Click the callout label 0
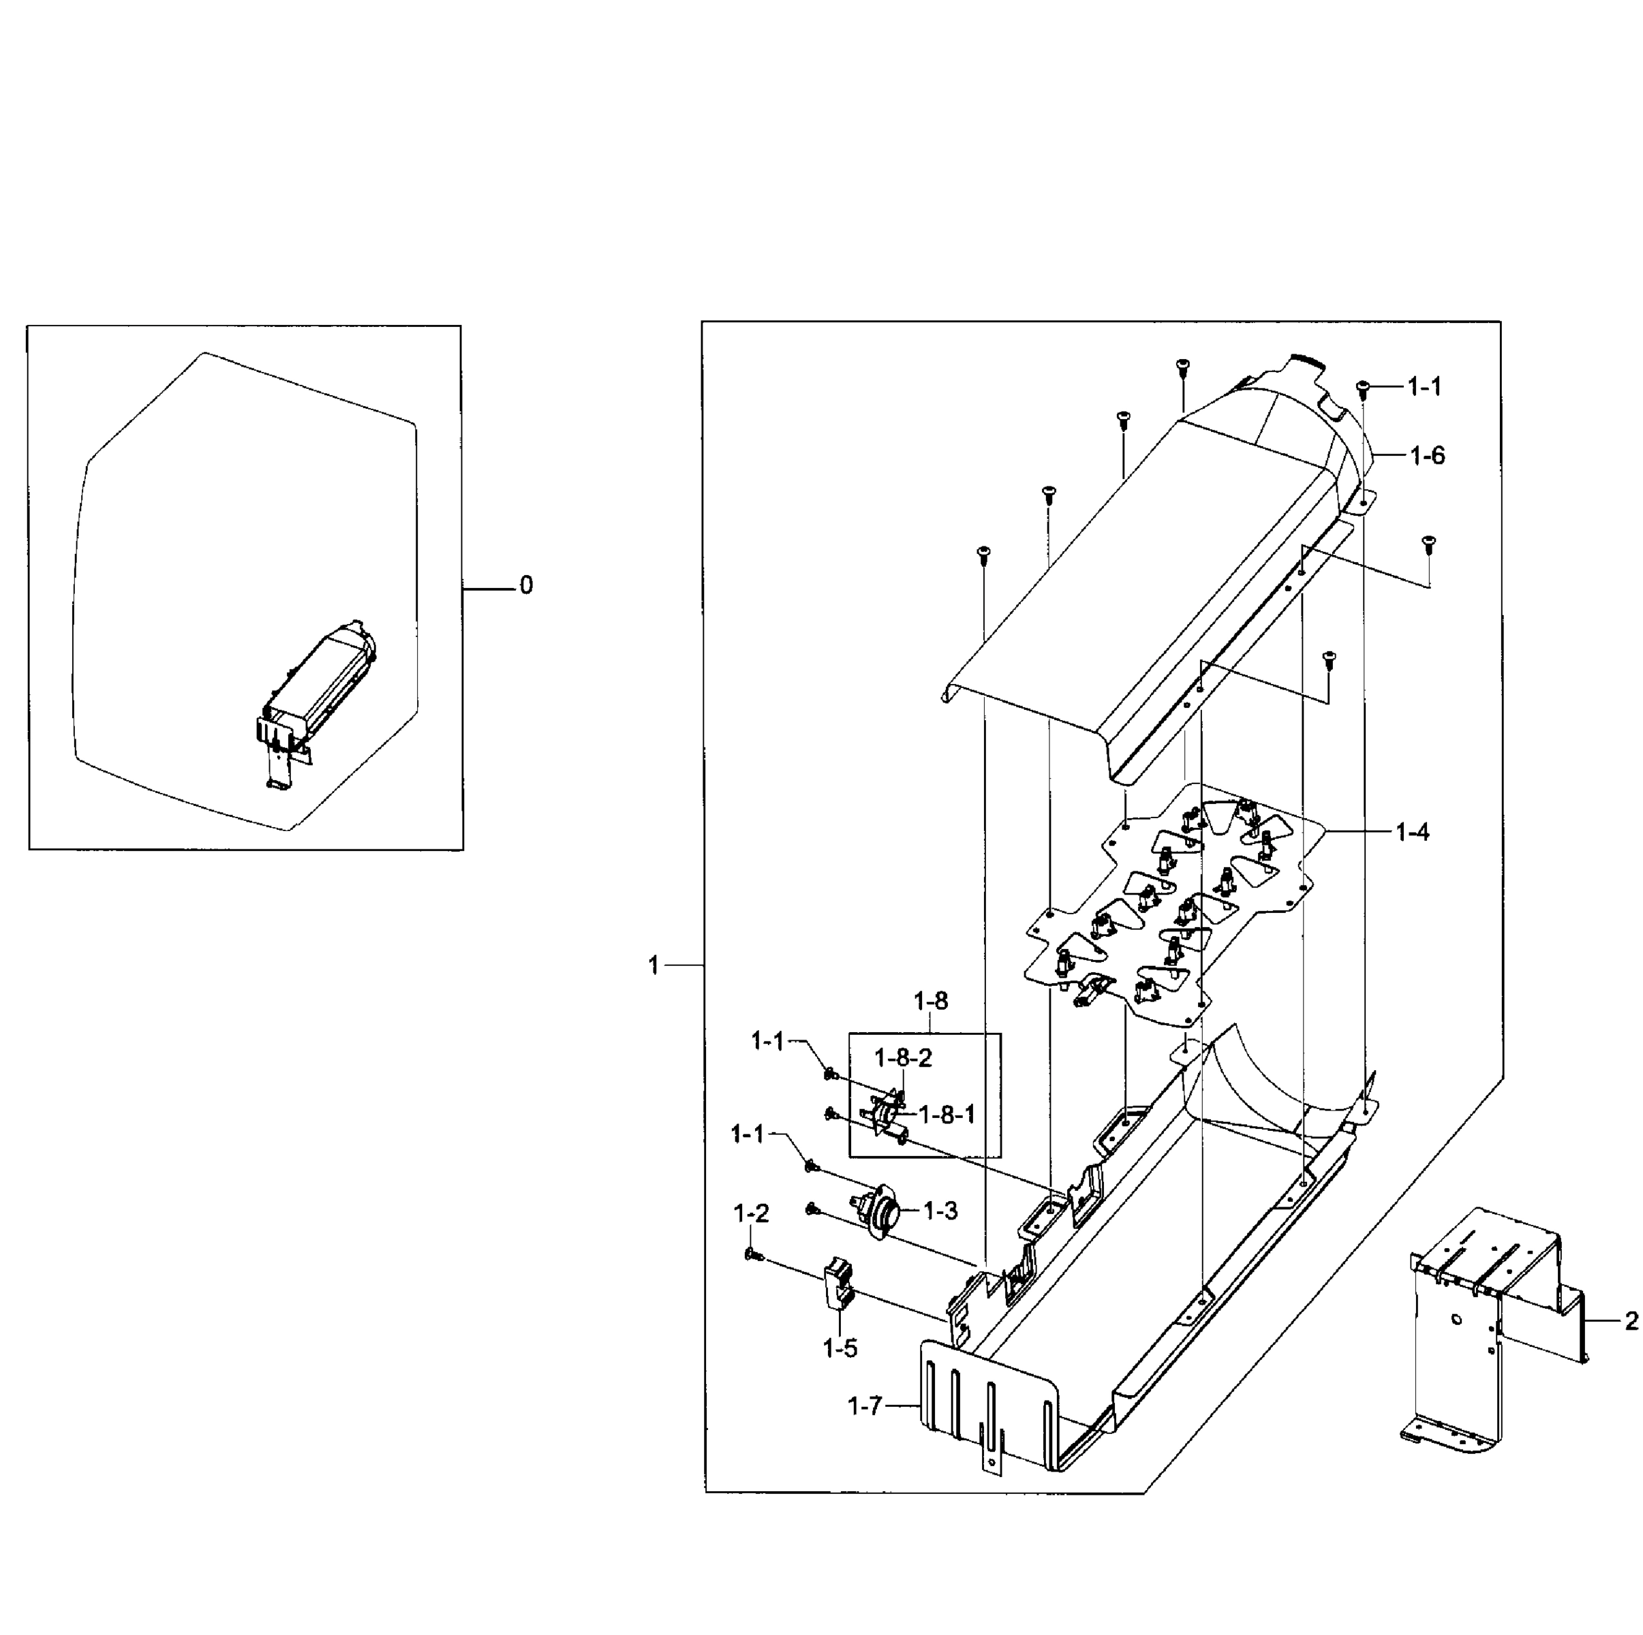(526, 586)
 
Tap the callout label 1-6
(1427, 456)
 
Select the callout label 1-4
(1412, 832)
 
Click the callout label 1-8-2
(903, 1058)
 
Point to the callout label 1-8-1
(947, 1115)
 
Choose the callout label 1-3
(940, 1211)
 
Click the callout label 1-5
(840, 1348)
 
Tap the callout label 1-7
(865, 1407)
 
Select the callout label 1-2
(751, 1214)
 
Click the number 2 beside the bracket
(1630, 1321)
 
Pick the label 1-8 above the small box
(930, 1001)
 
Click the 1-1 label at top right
(1424, 388)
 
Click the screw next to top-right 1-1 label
(1362, 388)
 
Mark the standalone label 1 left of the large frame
(654, 966)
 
